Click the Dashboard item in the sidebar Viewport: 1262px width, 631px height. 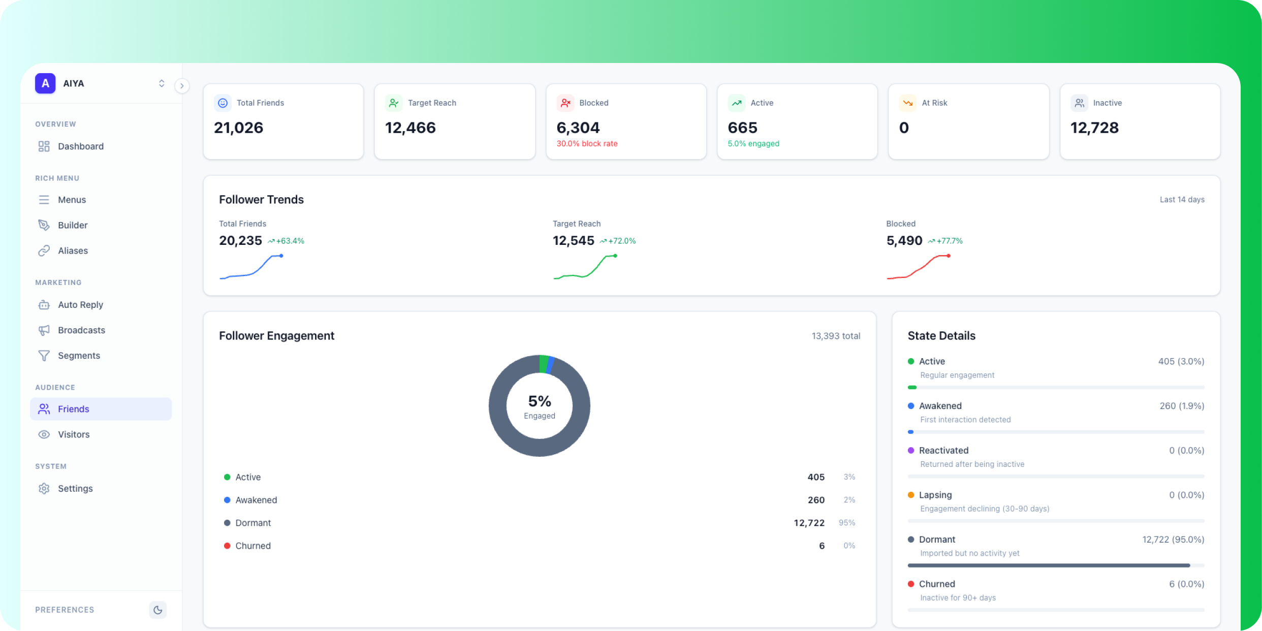[x=80, y=146]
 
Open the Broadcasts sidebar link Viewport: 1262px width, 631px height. [x=81, y=330]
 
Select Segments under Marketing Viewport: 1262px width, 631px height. [x=79, y=356]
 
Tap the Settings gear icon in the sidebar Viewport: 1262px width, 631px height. [x=44, y=488]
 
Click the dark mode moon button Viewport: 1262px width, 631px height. [x=157, y=610]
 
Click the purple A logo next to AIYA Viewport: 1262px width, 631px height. [x=45, y=83]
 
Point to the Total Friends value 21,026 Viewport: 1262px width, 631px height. [x=238, y=128]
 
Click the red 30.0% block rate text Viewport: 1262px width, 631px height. [x=587, y=144]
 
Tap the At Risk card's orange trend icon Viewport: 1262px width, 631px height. [x=907, y=103]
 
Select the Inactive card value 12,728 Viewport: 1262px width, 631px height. [x=1094, y=128]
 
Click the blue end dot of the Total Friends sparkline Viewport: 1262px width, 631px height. [x=281, y=256]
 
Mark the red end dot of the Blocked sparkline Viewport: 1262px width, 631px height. [x=949, y=256]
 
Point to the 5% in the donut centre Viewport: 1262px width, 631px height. [x=540, y=401]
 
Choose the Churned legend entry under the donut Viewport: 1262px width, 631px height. [x=253, y=546]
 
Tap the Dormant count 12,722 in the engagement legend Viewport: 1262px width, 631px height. [x=809, y=523]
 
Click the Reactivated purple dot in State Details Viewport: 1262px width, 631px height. [x=911, y=450]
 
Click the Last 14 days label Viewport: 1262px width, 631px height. [x=1182, y=200]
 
